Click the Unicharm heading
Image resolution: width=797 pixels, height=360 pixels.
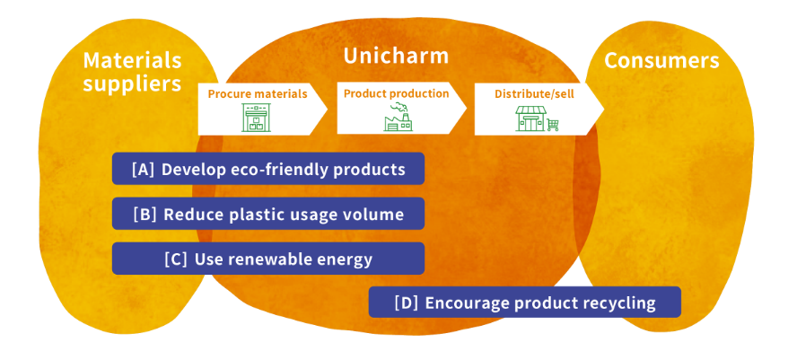click(x=395, y=57)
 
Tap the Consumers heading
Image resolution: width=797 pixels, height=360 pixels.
click(x=661, y=60)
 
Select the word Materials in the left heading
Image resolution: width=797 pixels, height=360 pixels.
click(x=132, y=60)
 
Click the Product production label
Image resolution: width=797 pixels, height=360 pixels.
click(x=396, y=92)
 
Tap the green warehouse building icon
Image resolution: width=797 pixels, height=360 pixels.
click(x=257, y=118)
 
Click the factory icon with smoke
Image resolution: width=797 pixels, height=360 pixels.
click(x=394, y=118)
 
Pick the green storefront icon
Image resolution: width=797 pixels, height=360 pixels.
click(x=530, y=119)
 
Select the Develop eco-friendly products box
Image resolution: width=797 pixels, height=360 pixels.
click(x=267, y=169)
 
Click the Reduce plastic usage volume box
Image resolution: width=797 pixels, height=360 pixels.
click(x=267, y=214)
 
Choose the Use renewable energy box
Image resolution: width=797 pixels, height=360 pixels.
click(x=267, y=259)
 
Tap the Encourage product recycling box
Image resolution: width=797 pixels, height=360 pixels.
click(x=524, y=303)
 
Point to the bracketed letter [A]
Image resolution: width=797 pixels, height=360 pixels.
click(x=143, y=169)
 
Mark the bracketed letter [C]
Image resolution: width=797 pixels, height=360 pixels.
click(x=176, y=259)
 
